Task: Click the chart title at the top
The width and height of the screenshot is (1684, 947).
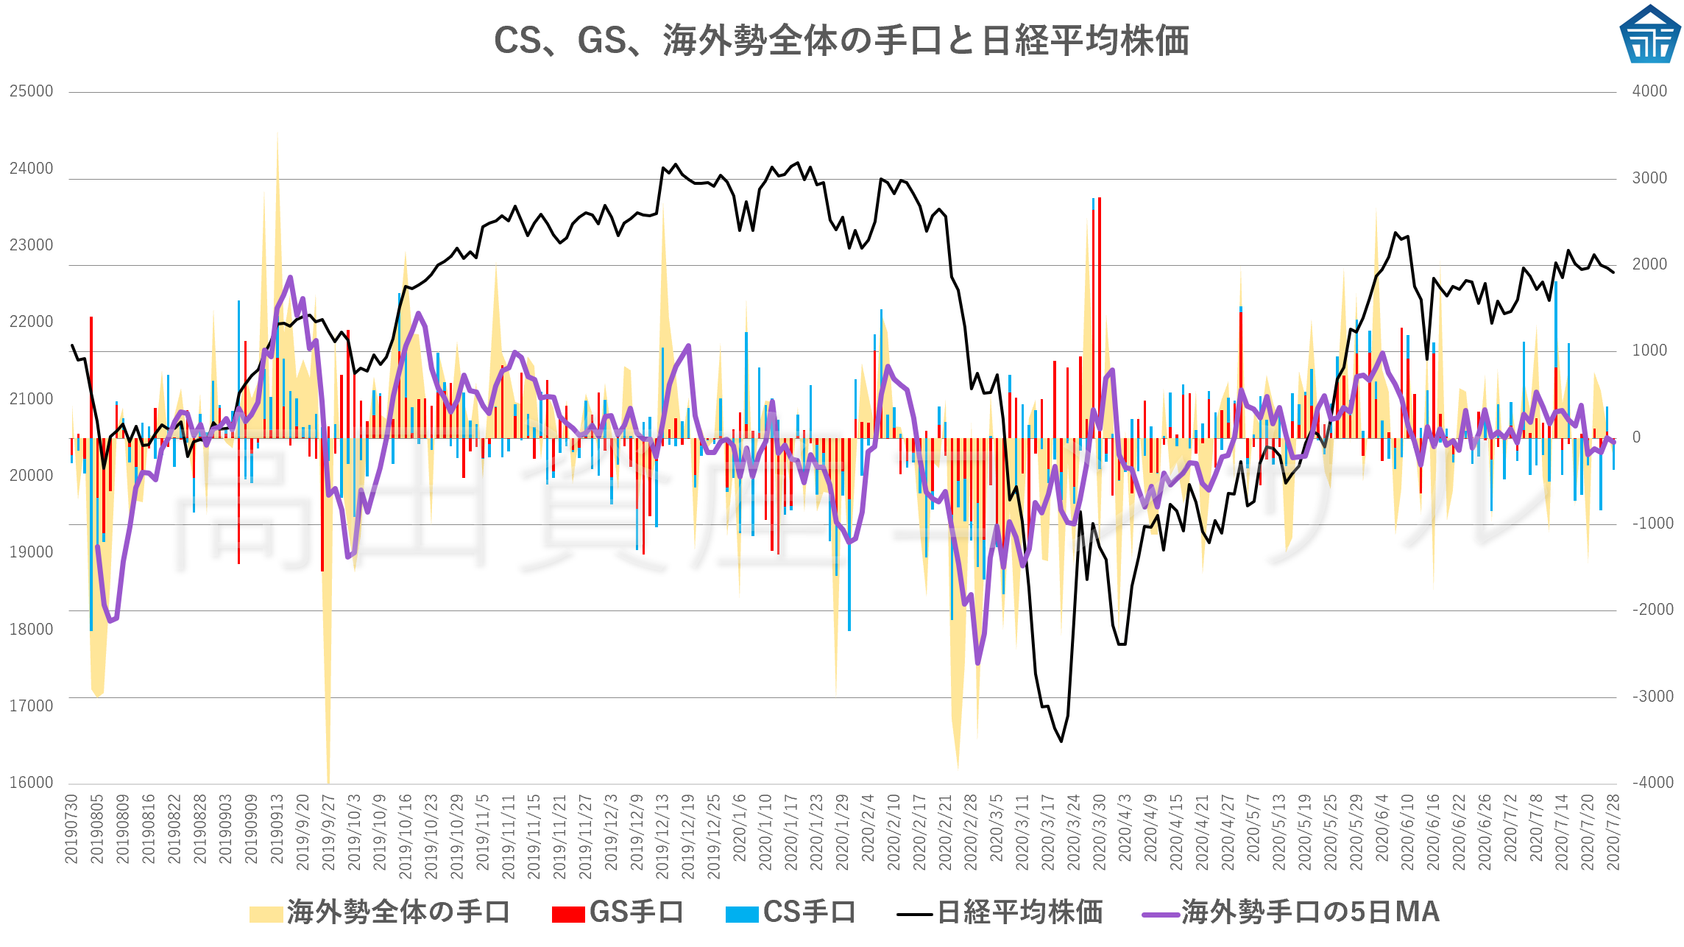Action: point(841,41)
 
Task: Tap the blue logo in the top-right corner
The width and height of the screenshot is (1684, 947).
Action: point(1650,35)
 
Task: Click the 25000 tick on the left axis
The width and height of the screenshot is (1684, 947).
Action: point(32,91)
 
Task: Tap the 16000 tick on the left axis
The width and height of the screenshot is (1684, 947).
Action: point(32,783)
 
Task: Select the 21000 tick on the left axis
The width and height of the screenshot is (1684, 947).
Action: point(32,399)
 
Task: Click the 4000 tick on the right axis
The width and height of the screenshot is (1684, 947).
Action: point(1649,91)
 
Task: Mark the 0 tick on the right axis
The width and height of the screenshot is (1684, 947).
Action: point(1636,437)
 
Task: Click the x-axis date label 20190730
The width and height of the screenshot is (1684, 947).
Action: point(71,828)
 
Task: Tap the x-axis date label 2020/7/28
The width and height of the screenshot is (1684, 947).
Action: point(1613,832)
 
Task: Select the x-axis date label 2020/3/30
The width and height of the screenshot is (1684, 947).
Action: point(1099,832)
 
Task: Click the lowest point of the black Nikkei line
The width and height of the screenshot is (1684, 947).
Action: point(1061,741)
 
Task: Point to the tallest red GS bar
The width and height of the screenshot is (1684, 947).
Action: point(1100,199)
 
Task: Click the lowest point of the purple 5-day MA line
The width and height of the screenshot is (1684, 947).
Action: point(977,663)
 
